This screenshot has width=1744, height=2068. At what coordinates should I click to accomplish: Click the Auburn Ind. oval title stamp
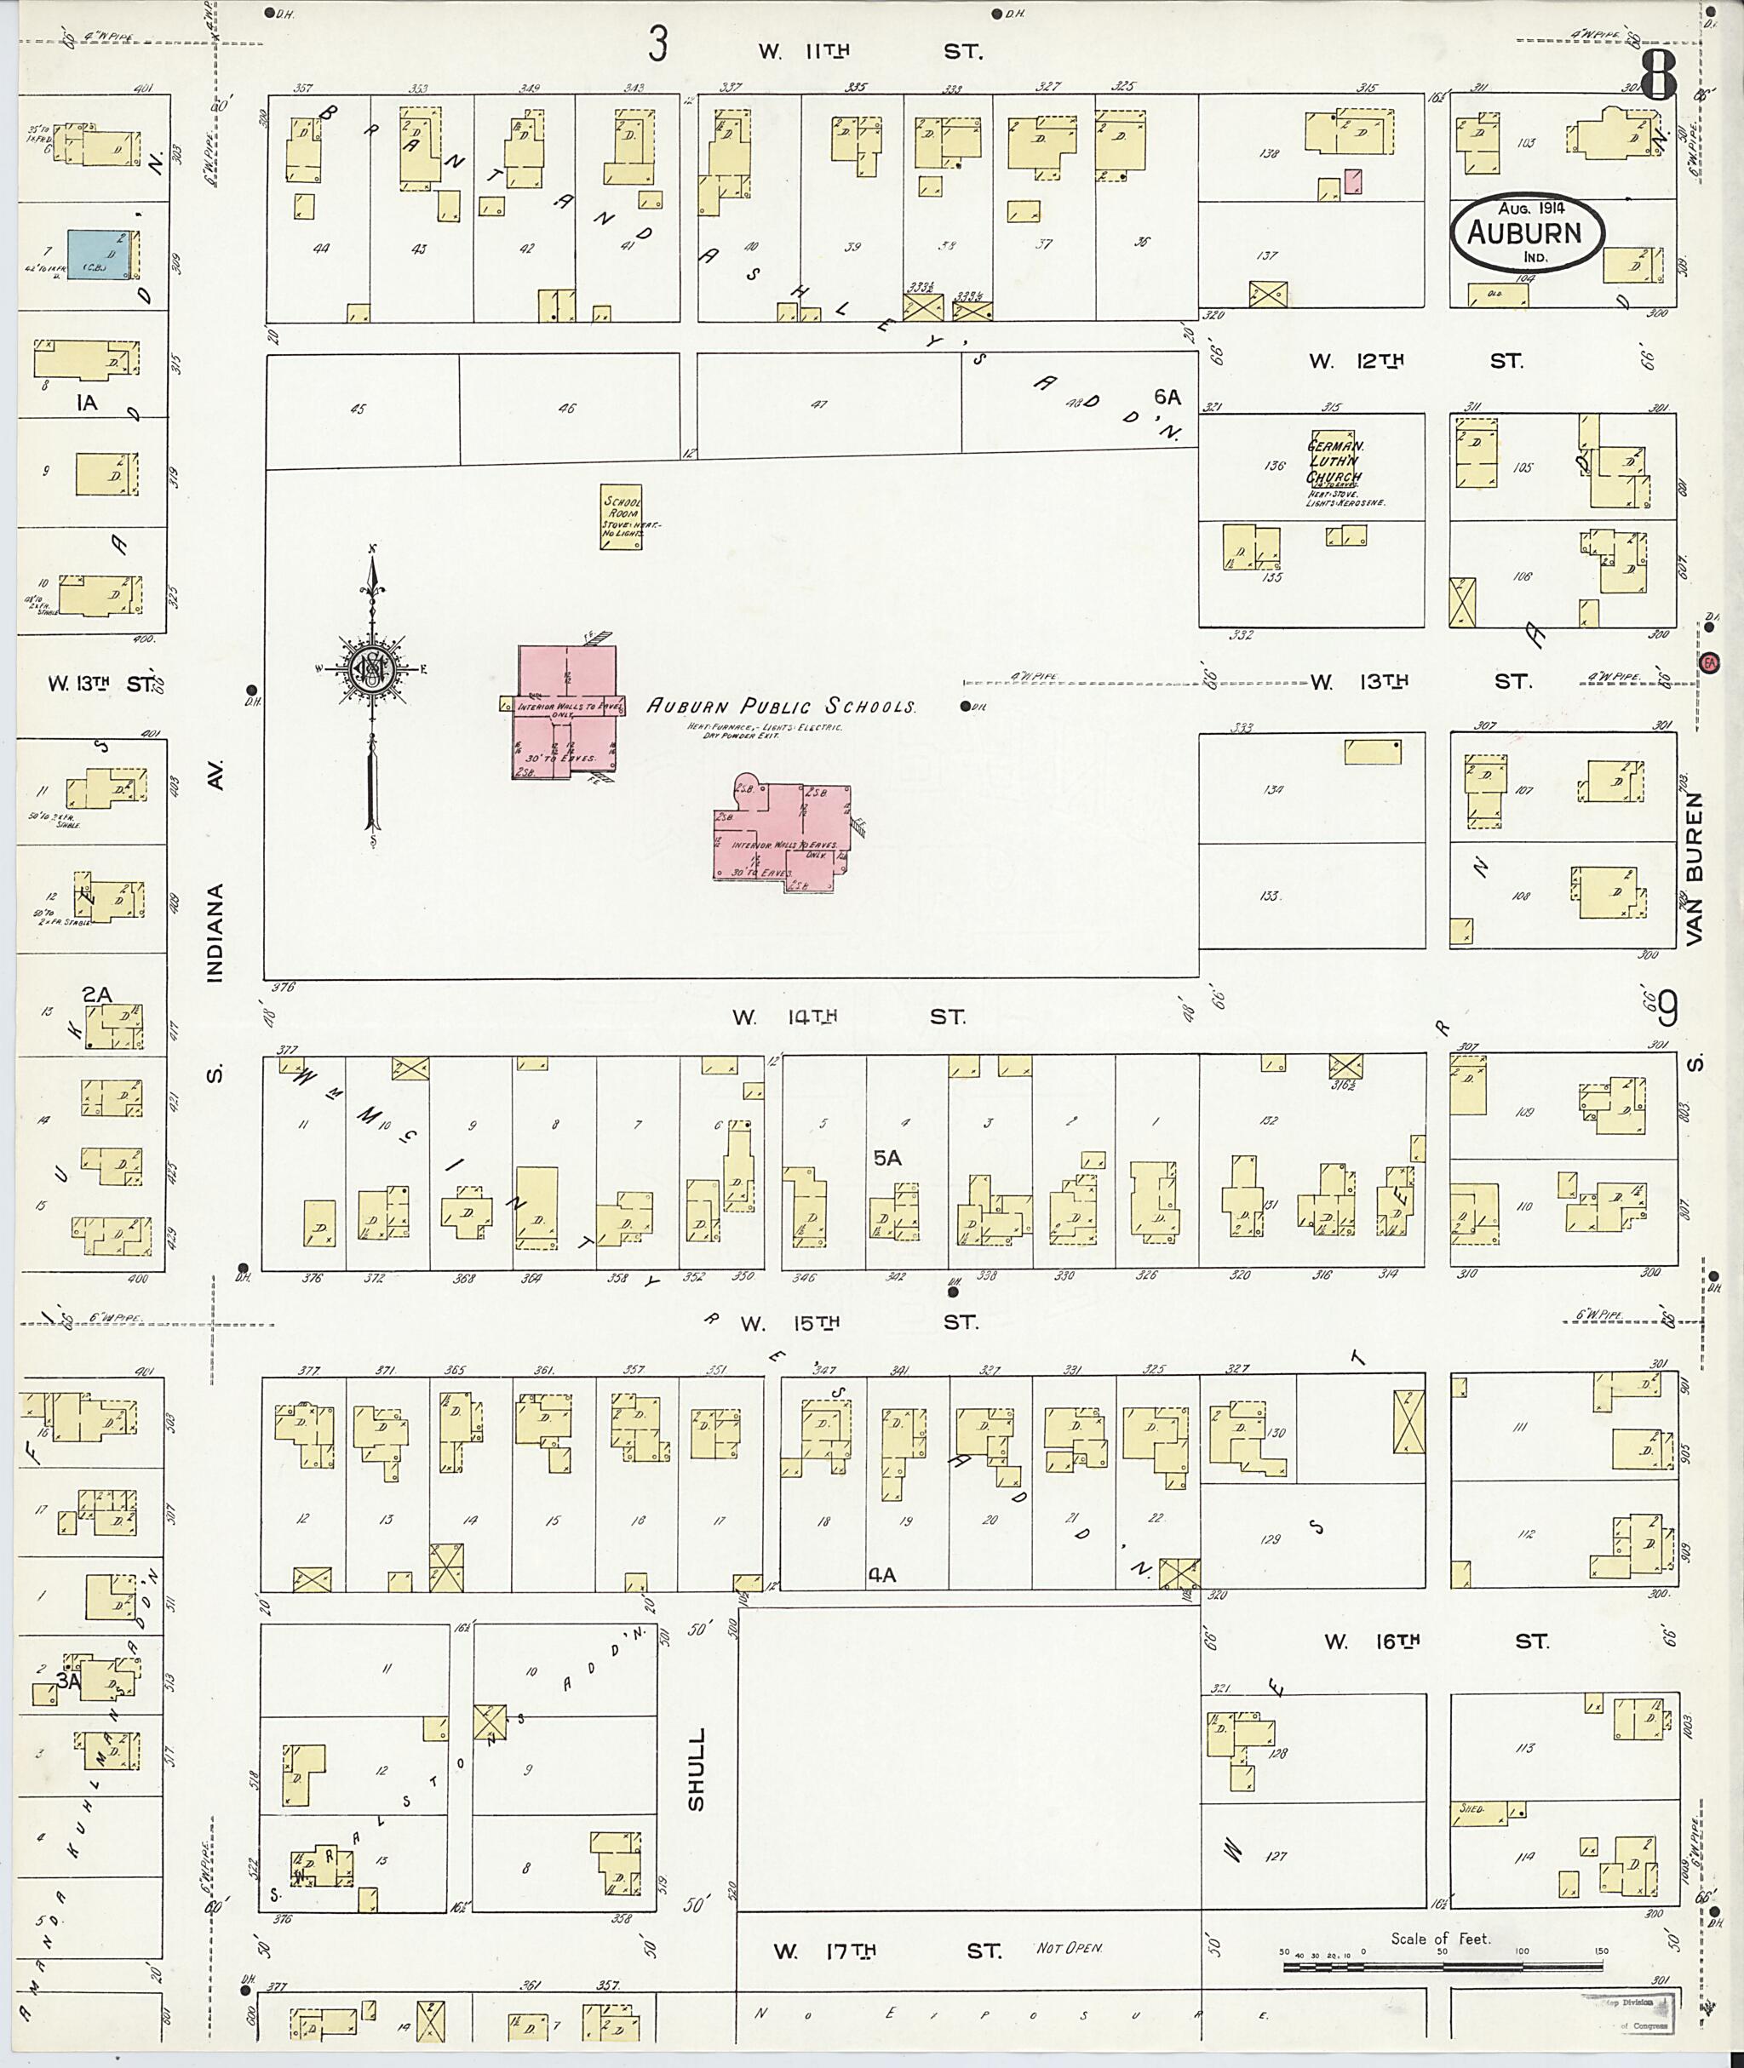click(1528, 232)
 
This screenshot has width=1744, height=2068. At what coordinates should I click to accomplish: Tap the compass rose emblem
click(374, 671)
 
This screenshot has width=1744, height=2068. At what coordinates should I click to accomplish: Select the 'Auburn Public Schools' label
click(781, 706)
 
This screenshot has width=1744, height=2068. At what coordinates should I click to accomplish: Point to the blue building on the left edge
click(100, 256)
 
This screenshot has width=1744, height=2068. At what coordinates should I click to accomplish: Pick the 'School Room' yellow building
click(622, 516)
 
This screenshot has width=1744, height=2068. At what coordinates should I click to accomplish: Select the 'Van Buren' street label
click(1695, 869)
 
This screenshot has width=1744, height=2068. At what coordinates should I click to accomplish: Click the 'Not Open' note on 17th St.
click(1069, 1947)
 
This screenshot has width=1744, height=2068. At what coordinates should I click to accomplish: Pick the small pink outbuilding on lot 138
click(1352, 180)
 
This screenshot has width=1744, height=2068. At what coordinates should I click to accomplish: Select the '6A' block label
click(1167, 397)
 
